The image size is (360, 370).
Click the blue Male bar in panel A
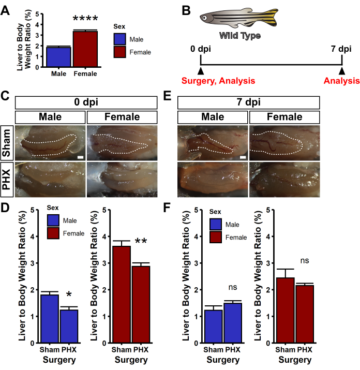[x=58, y=57]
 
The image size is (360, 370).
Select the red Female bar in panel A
[x=85, y=49]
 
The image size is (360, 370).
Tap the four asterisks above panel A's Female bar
[x=85, y=20]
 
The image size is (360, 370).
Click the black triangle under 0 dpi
[x=201, y=71]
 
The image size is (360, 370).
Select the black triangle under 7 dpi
[x=341, y=71]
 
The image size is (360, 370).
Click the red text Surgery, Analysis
[x=218, y=81]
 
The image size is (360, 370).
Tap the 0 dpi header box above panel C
[x=85, y=101]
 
